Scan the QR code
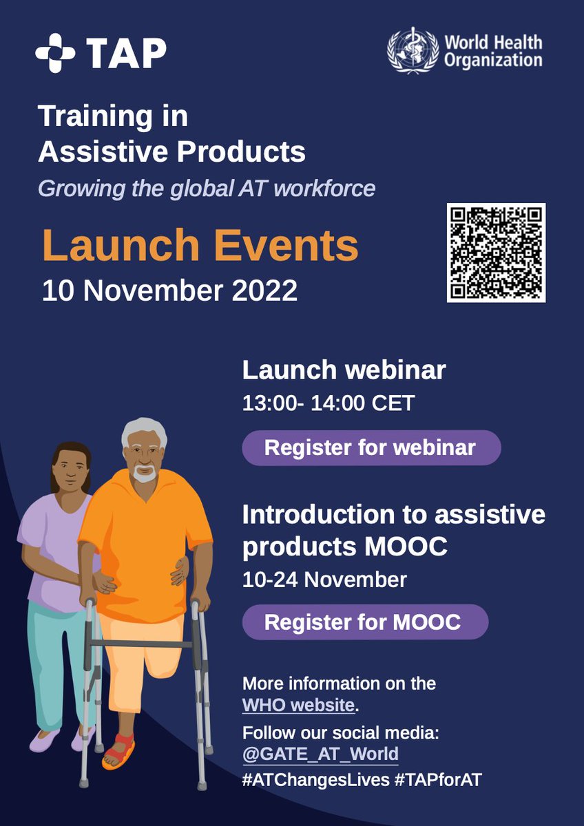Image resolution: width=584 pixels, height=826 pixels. [496, 253]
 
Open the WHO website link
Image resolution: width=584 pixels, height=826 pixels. [298, 706]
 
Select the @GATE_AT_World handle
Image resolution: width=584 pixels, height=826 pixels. [320, 754]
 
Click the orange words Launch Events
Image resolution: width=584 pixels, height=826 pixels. [200, 246]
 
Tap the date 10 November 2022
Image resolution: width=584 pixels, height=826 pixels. [169, 290]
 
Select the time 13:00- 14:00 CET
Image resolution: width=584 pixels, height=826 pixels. [328, 403]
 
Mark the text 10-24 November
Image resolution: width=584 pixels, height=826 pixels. [324, 580]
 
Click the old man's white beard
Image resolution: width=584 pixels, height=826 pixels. [144, 474]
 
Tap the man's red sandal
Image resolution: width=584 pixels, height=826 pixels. [118, 751]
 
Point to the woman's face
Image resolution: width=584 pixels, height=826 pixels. [71, 470]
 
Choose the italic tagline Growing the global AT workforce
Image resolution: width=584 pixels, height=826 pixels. [207, 188]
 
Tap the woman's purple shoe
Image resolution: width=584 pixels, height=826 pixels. [44, 741]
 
